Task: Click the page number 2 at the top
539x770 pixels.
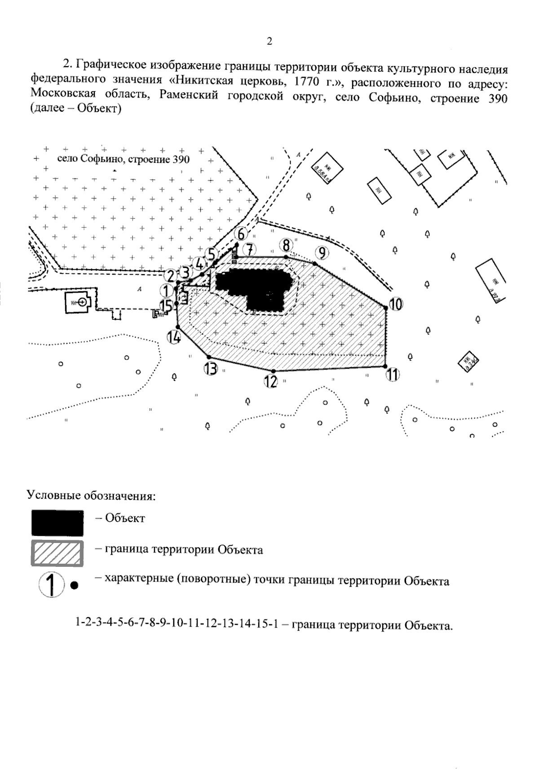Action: (269, 41)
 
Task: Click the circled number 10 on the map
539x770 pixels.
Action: (396, 304)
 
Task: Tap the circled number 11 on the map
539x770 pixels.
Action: (393, 374)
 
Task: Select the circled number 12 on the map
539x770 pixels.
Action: (271, 382)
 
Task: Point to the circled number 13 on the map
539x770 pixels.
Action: (210, 369)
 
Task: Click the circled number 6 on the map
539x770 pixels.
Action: (241, 234)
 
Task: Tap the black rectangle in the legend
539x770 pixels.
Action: (57, 523)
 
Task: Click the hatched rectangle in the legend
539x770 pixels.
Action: (57, 553)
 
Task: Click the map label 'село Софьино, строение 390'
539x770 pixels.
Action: (124, 159)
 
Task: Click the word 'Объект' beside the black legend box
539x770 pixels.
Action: (125, 518)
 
